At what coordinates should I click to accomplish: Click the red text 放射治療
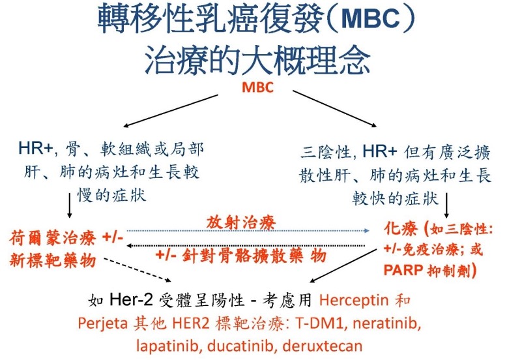pos(242,223)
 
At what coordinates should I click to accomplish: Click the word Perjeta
pos(101,323)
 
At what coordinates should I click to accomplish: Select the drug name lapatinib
pos(164,345)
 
